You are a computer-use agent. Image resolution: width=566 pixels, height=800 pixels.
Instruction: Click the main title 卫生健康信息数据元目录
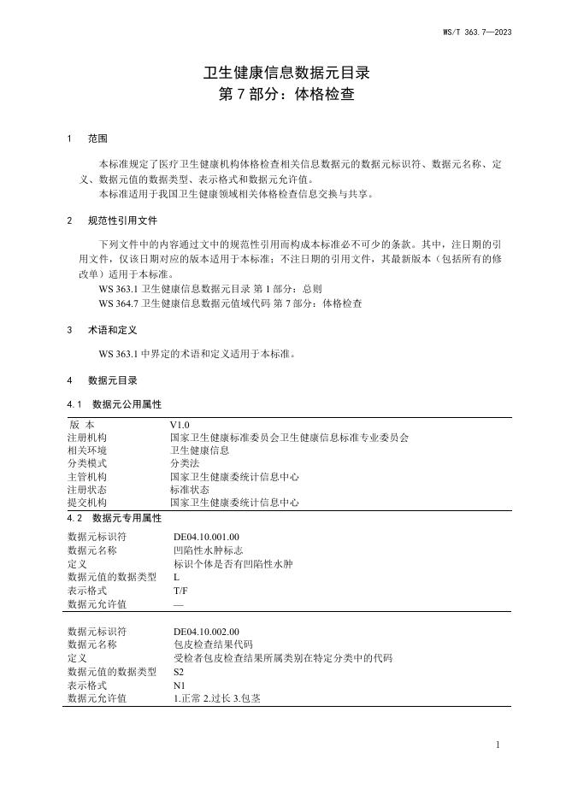pyautogui.click(x=282, y=74)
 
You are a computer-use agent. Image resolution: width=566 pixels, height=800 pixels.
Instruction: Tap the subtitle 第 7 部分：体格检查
pyautogui.click(x=282, y=95)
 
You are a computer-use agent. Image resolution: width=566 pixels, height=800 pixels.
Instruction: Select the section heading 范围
pyautogui.click(x=97, y=138)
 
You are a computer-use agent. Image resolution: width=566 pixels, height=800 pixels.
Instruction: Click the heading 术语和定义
pyautogui.click(x=113, y=329)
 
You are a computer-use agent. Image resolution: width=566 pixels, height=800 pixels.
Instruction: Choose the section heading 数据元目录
pyautogui.click(x=113, y=380)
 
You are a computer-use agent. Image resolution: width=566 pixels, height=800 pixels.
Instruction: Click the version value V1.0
pyautogui.click(x=180, y=424)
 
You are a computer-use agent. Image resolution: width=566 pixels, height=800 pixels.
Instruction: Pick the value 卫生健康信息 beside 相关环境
pyautogui.click(x=199, y=450)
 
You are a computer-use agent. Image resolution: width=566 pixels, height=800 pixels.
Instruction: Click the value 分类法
pyautogui.click(x=185, y=463)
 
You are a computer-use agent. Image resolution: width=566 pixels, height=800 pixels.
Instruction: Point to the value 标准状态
pyautogui.click(x=190, y=490)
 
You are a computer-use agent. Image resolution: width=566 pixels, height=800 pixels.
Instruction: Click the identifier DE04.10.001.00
pyautogui.click(x=206, y=537)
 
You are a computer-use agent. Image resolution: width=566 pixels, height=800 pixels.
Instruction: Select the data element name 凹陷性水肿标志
pyautogui.click(x=208, y=550)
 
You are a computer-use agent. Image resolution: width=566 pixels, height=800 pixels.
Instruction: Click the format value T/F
pyautogui.click(x=180, y=591)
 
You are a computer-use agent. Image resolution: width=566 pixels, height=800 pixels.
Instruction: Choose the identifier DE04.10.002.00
pyautogui.click(x=206, y=632)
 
